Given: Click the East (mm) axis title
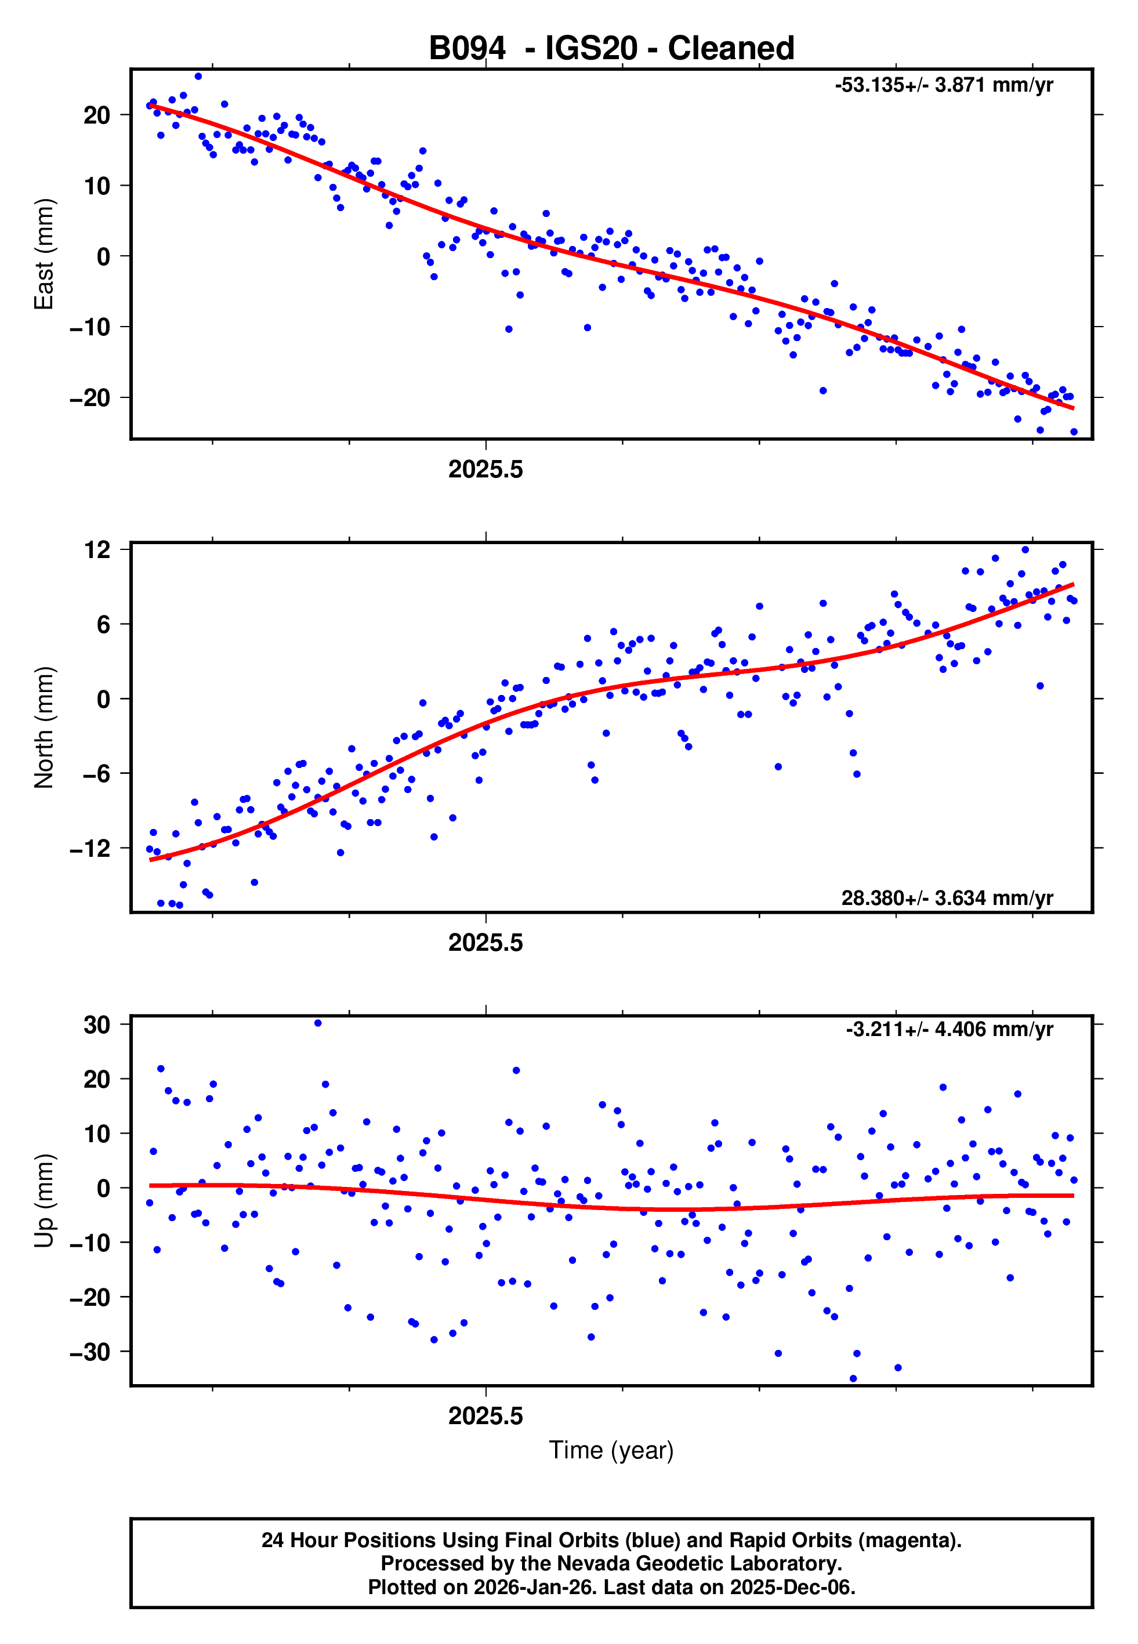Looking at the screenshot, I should click(44, 255).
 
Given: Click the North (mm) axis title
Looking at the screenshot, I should click(44, 727).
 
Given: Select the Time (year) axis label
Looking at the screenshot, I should click(611, 1451).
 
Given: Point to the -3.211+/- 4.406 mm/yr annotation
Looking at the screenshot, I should click(949, 1030).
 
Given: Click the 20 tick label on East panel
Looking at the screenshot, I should click(97, 115).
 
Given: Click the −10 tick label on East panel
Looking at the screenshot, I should click(90, 327).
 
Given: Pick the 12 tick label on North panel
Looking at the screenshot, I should click(97, 550).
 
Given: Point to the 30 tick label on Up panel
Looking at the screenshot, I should click(97, 1025).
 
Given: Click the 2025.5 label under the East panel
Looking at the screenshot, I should click(485, 470).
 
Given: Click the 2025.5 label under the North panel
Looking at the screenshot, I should click(485, 943).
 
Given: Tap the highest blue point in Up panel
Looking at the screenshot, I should click(318, 1023).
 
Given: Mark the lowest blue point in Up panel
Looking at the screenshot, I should click(853, 1379).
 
